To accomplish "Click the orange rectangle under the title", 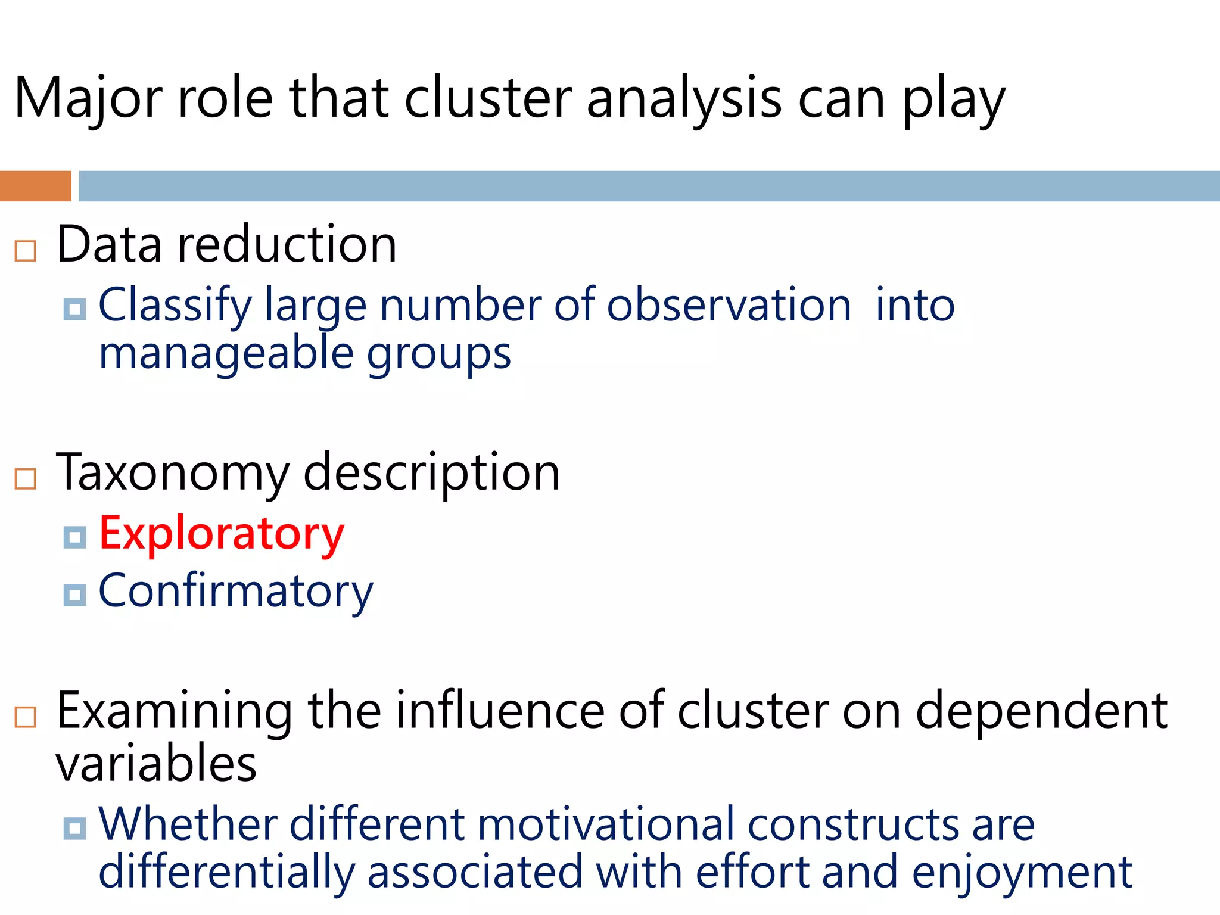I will [x=35, y=186].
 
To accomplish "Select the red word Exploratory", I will [x=222, y=534].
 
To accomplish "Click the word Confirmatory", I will [x=235, y=591].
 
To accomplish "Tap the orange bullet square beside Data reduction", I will [x=26, y=251].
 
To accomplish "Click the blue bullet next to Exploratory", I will [x=74, y=537].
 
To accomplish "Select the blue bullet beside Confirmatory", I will [x=74, y=595].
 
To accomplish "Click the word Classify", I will [x=175, y=306].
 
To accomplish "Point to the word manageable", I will [x=226, y=353].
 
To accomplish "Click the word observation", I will [x=729, y=305].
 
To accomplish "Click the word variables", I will [x=156, y=763].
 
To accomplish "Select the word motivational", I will [x=605, y=824].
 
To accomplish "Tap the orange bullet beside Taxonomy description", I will [x=26, y=478].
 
